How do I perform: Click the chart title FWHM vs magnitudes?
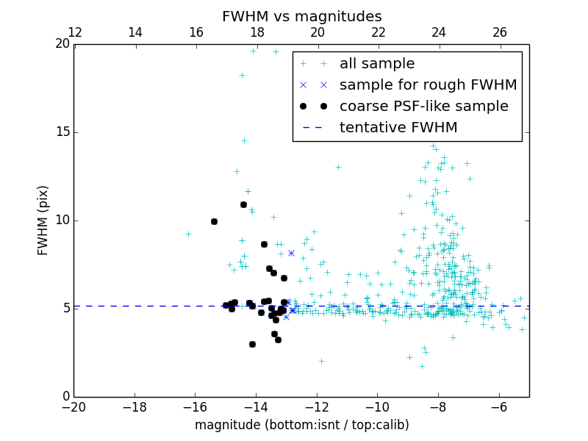point(301,16)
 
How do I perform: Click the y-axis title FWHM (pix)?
point(43,220)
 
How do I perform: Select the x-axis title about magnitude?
point(301,425)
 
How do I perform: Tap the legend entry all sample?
point(377,64)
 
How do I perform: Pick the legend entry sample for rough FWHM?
point(428,85)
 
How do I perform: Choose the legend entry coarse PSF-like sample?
point(423,107)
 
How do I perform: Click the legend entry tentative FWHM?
point(398,128)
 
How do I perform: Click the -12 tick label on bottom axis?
point(317,406)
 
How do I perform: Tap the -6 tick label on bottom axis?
point(499,406)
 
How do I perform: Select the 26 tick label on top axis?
point(500,32)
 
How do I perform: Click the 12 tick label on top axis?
point(74,32)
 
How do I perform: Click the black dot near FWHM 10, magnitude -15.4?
point(214,221)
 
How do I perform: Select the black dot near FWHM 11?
point(243,204)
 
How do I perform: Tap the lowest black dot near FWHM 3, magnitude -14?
point(252,344)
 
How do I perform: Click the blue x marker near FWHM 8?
point(291,253)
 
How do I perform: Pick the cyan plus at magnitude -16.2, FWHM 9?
point(188,234)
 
